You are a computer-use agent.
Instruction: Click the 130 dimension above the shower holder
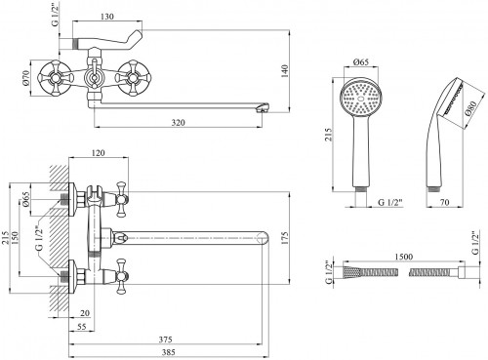coord(107,17)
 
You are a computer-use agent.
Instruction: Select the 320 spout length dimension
coord(178,123)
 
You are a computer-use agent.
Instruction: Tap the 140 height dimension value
coord(284,71)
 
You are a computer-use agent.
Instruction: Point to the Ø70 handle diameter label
coord(26,78)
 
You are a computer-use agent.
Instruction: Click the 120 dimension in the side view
coord(98,152)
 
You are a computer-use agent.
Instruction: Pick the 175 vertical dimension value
coord(284,238)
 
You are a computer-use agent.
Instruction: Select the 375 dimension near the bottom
coord(165,340)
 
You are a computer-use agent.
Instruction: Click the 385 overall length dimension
coord(169,352)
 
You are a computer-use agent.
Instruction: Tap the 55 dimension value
coord(82,326)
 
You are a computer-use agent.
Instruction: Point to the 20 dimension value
coord(85,313)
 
